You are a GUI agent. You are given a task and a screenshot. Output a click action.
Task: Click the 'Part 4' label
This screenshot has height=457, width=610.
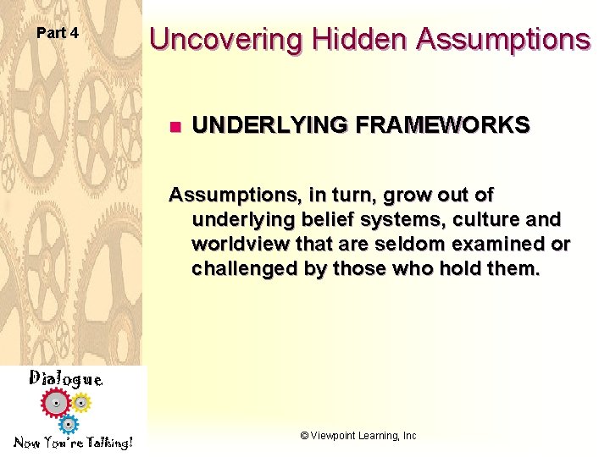click(x=58, y=33)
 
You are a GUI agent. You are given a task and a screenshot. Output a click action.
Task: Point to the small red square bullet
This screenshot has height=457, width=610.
click(x=174, y=127)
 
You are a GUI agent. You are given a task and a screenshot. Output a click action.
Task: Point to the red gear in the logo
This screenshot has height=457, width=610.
click(x=57, y=404)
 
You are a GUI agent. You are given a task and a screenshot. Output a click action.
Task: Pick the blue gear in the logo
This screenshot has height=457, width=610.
click(x=69, y=422)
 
